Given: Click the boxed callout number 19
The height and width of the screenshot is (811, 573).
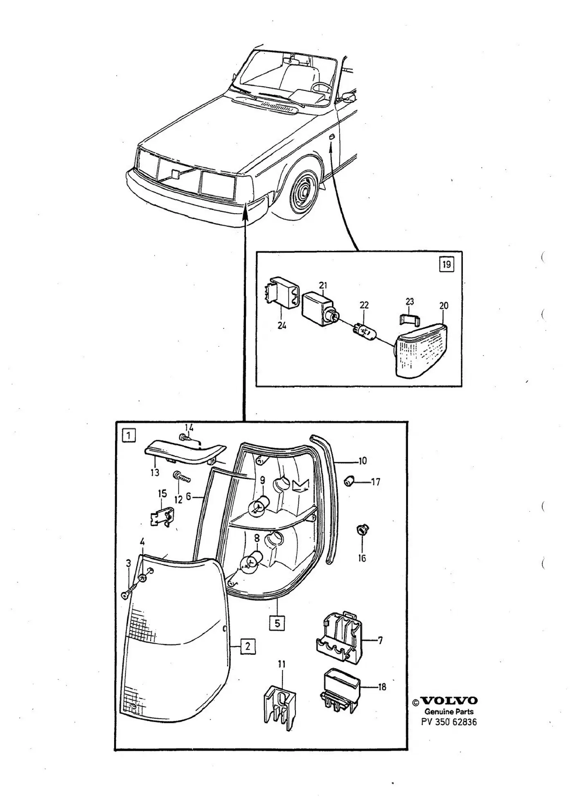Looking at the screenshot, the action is coord(447,264).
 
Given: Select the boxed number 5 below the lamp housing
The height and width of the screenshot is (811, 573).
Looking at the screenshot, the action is coord(277,623).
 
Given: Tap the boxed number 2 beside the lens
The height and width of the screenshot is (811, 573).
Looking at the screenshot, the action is coord(248,646).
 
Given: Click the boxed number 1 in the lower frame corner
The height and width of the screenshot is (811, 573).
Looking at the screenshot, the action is coord(129,435).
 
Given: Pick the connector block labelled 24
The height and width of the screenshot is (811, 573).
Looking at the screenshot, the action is coord(282,291).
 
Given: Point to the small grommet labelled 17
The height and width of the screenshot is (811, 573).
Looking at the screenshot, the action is coord(350,482).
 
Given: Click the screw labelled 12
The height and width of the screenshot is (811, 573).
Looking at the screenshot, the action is coord(183,477).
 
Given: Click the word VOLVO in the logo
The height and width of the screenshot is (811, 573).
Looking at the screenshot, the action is coord(449,701).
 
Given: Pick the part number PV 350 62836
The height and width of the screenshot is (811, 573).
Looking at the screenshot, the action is coord(449,722).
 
